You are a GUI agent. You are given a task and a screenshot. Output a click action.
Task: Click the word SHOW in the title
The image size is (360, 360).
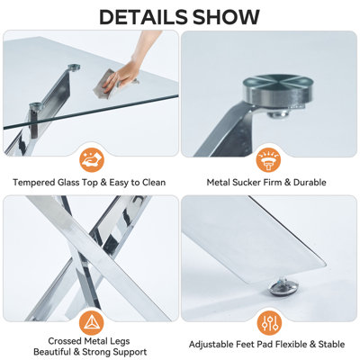coord(226,17)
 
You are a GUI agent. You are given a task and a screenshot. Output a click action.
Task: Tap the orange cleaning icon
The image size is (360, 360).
coord(92,160)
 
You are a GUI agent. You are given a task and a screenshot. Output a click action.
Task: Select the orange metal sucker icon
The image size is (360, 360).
coord(268,160)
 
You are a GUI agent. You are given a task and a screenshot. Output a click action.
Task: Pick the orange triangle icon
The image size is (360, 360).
coord(92,323)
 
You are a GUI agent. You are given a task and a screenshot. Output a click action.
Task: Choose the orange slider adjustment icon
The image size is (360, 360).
coord(269,324)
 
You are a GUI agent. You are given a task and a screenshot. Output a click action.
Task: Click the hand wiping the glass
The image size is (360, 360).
coord(128,65)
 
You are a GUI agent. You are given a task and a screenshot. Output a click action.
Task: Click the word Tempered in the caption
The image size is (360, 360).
coord(34,183)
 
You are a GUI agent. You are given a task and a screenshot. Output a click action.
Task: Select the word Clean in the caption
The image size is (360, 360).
coord(154,182)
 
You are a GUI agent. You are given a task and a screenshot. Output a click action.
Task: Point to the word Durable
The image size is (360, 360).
coord(310,182)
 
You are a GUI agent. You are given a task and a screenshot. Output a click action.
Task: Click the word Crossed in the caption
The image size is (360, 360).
coord(65,341)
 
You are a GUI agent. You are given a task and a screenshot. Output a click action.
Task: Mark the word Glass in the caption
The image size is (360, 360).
coord(68,182)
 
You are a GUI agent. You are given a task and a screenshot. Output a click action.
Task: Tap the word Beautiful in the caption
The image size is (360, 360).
coord(50,352)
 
